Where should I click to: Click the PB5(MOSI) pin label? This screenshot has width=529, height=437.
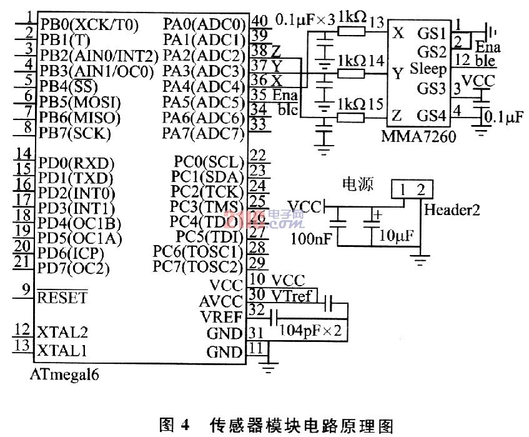point(79,101)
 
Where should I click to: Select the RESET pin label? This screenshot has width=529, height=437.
point(62,298)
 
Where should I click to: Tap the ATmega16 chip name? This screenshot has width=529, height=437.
point(64,376)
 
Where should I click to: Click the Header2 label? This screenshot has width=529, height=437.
point(452,211)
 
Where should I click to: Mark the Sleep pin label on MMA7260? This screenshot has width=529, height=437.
point(428,69)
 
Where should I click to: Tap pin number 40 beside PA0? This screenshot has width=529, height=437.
point(257,19)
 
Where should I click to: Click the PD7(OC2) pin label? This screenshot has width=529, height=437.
point(74,268)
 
